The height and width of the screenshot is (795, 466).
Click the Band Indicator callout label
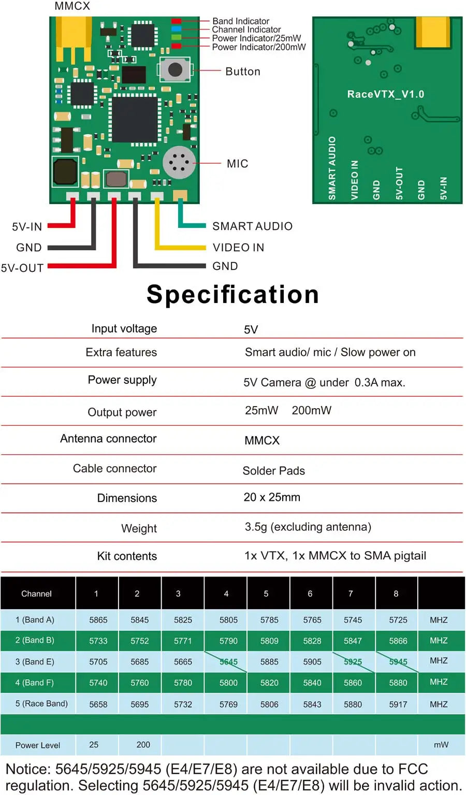[x=241, y=21]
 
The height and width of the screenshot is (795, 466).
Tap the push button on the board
[x=175, y=69]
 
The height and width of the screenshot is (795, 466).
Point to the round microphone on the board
[x=179, y=163]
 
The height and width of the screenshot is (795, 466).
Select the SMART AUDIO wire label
[x=252, y=226]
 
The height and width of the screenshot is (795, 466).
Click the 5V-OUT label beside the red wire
[x=22, y=268]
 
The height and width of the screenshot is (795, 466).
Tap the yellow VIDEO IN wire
[x=181, y=247]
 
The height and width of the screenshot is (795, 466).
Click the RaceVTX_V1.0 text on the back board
[x=385, y=94]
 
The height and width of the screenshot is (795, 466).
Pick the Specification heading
[x=232, y=294]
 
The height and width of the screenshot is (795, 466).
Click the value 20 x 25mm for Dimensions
[x=272, y=497]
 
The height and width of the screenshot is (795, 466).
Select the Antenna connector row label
[x=108, y=439]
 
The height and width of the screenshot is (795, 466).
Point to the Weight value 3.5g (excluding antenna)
[x=308, y=527]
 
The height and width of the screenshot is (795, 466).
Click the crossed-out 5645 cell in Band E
[x=228, y=661]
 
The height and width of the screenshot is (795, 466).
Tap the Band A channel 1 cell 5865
[x=98, y=620]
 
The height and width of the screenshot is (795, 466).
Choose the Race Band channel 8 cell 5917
[x=398, y=704]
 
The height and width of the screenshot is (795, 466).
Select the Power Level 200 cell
[x=143, y=745]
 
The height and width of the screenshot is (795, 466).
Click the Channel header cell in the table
[x=36, y=594]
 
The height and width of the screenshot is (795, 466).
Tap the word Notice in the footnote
[x=27, y=769]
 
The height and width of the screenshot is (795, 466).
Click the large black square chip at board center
[x=135, y=119]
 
